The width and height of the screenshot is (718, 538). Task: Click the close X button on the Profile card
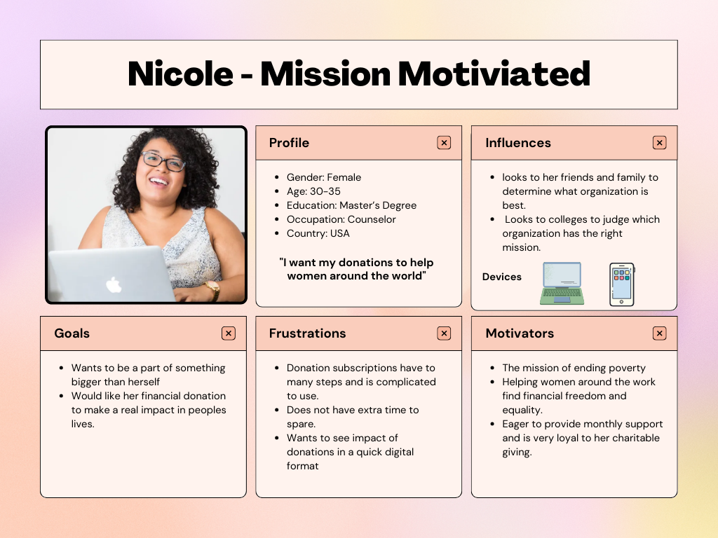[444, 143]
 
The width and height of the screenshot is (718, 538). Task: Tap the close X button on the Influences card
[659, 143]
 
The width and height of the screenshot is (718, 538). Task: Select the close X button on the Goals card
[229, 333]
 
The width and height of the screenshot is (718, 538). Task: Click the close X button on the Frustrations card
[444, 333]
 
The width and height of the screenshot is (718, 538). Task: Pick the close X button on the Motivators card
[659, 333]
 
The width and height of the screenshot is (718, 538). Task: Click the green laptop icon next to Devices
[562, 283]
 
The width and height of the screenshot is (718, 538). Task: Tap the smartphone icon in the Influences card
[622, 284]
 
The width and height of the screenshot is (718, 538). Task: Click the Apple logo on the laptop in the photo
[113, 284]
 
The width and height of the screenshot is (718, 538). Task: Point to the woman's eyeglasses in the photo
[163, 161]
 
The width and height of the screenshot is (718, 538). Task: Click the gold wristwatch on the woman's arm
[213, 290]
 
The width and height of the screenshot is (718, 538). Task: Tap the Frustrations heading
[307, 333]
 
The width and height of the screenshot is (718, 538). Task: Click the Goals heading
[72, 333]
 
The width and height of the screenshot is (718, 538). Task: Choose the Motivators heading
[520, 333]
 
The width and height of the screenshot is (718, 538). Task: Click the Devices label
[502, 277]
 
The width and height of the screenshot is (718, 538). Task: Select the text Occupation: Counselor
[341, 219]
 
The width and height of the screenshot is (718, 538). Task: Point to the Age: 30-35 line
[313, 191]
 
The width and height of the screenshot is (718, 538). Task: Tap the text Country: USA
[318, 233]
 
